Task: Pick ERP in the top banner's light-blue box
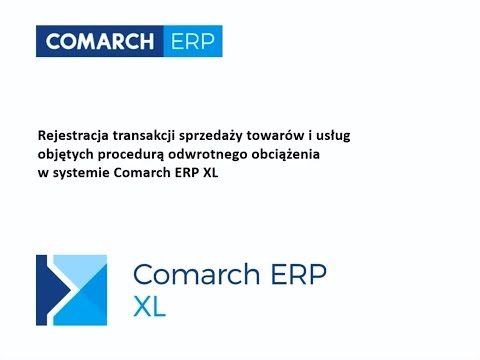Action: point(190,42)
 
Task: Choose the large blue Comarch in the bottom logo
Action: point(191,275)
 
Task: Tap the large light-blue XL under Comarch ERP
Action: point(149,306)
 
